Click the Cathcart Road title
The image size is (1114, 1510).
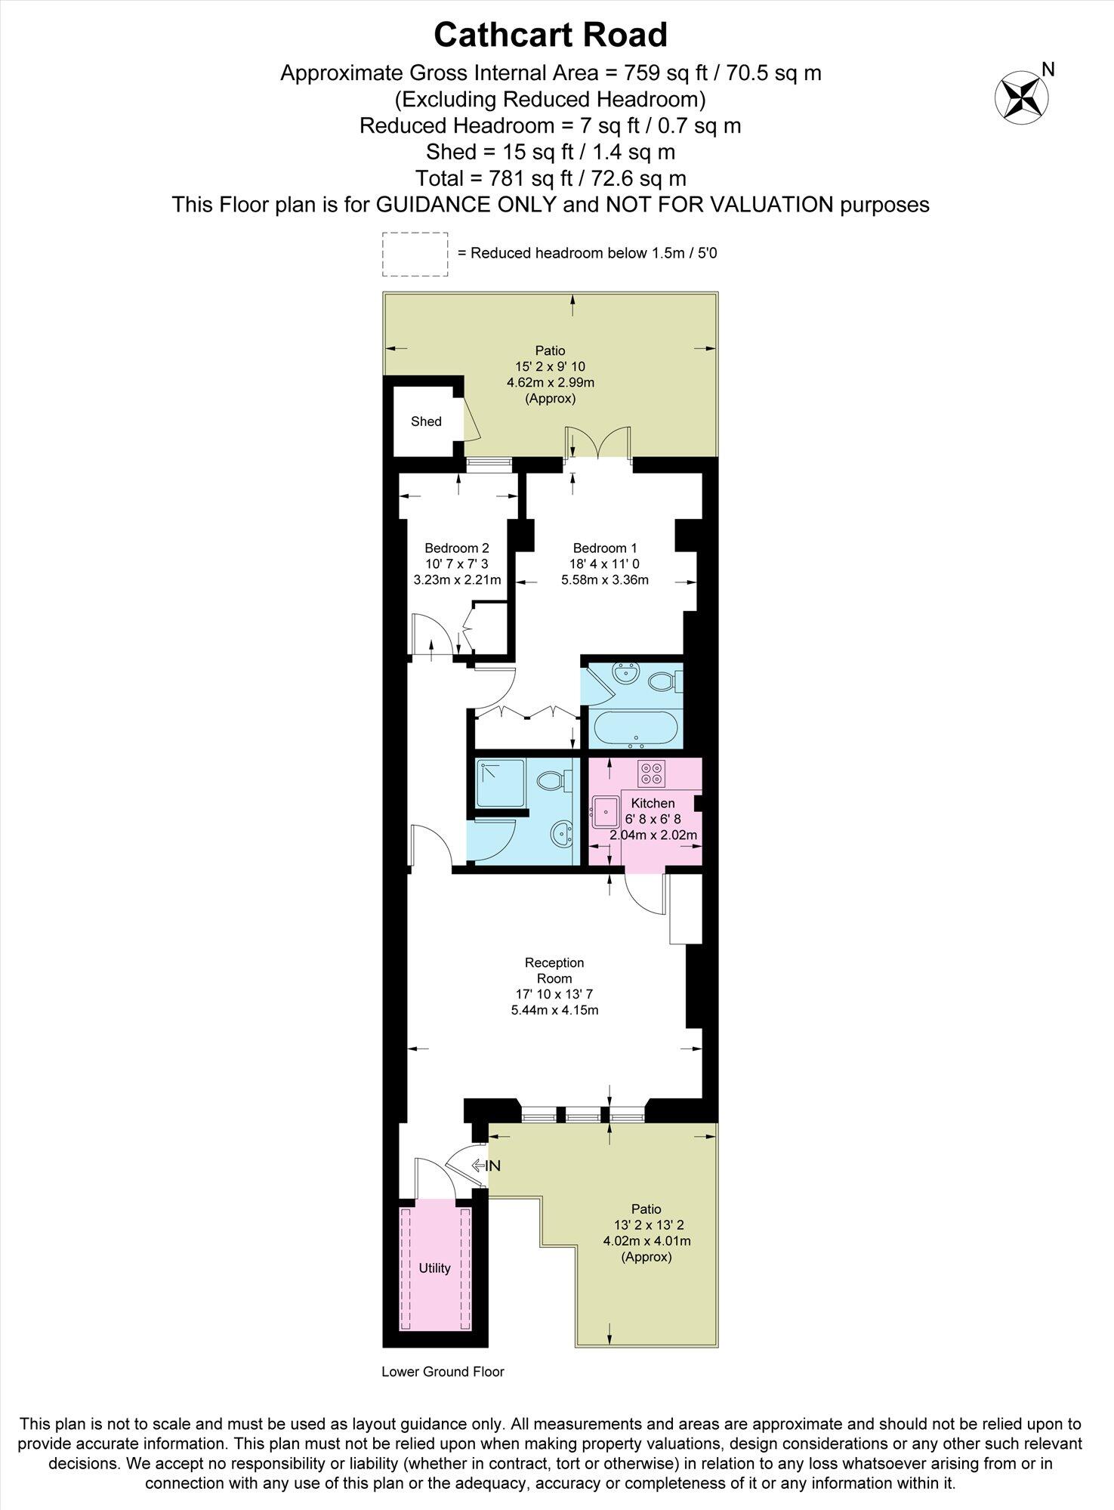coord(551,36)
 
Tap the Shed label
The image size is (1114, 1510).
coord(426,422)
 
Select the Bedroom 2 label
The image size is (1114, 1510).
coord(456,548)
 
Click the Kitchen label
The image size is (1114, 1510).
coord(653,803)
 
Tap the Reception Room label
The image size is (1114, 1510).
coord(554,970)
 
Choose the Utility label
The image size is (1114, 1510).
coord(434,1268)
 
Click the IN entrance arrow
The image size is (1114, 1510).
coord(486,1166)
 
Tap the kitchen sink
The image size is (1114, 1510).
coord(606,812)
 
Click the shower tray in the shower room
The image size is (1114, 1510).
coord(500,783)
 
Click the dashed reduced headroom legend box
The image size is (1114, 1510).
coord(414,254)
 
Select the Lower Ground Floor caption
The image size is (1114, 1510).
coord(443,1371)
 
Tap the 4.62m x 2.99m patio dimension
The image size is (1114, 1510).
coord(550,382)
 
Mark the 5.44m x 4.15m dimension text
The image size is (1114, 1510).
coord(554,1010)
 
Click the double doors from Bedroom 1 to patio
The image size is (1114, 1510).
coord(599,444)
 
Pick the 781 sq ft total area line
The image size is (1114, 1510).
coord(551,178)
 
